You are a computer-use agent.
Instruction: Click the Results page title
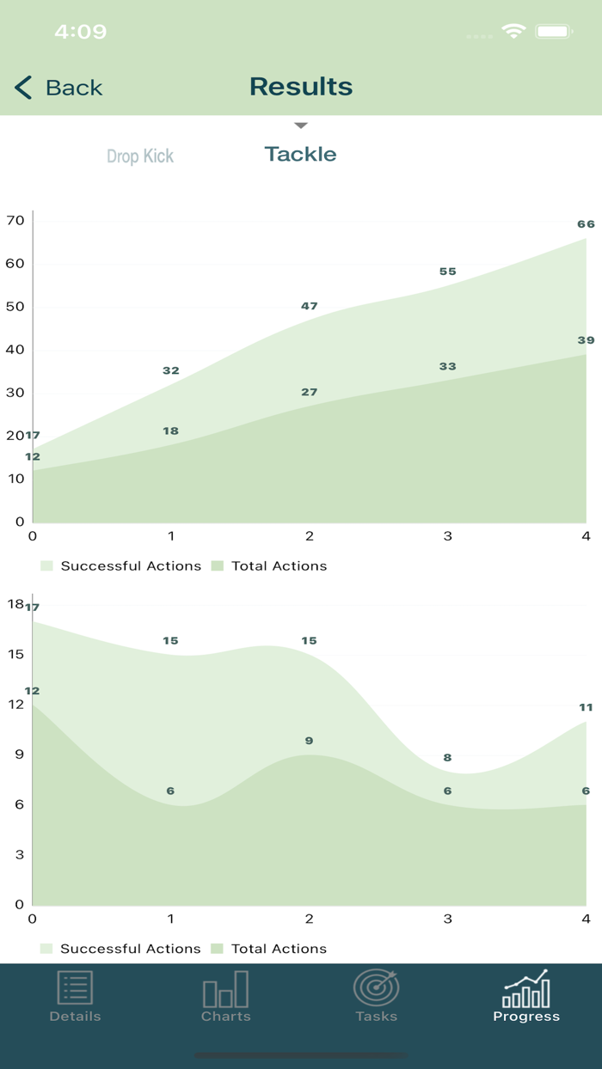301,87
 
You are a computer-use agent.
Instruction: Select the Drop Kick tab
140,156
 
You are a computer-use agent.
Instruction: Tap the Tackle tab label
300,155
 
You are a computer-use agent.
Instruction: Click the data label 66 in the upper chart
586,224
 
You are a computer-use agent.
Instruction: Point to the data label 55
447,272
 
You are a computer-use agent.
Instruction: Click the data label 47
310,306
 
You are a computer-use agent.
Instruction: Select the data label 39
586,340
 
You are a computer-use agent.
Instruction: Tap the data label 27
310,392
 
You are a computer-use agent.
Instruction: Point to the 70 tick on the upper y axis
15,221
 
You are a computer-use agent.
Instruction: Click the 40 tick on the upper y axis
15,350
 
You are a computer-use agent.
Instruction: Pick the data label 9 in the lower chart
310,741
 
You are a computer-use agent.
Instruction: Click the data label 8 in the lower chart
447,758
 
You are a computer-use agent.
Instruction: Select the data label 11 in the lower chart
586,707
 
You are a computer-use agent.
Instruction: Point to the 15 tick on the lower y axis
15,654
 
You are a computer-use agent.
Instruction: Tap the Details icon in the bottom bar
75,988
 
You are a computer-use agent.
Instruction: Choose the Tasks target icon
376,988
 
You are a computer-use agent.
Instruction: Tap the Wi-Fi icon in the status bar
513,32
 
